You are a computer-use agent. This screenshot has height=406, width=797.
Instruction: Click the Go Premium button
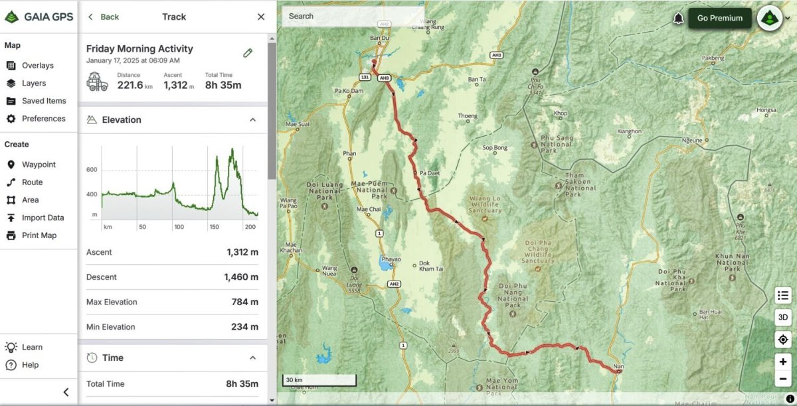(719, 18)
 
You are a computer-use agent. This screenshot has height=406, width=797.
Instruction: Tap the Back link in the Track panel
(104, 17)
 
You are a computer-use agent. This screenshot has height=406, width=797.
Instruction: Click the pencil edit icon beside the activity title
(248, 53)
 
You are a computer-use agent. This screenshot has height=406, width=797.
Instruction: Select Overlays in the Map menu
(37, 66)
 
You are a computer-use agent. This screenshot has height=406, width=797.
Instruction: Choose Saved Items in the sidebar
(44, 101)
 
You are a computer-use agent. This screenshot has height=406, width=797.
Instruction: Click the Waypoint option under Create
(39, 165)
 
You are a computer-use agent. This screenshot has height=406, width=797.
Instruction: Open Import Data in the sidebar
(43, 218)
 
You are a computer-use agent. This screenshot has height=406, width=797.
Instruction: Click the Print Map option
(39, 236)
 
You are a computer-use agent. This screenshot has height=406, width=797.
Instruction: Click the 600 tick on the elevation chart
(92, 170)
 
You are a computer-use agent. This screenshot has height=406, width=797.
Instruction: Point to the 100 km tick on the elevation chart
(179, 227)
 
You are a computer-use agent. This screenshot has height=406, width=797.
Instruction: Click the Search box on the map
(352, 16)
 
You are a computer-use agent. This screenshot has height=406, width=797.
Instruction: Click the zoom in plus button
(783, 362)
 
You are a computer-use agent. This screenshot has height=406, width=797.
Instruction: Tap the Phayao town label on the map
(391, 259)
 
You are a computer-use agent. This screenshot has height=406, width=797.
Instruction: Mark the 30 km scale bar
(319, 380)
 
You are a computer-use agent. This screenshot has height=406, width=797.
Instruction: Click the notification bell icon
(678, 19)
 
